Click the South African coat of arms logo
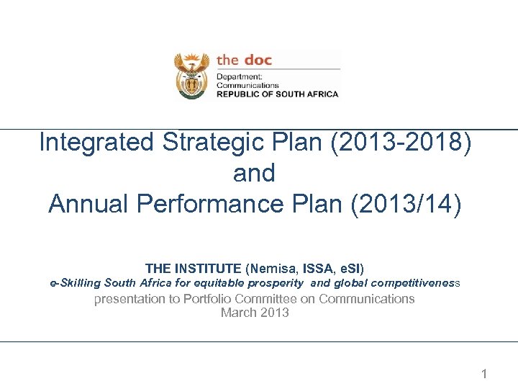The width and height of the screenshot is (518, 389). tap(191, 76)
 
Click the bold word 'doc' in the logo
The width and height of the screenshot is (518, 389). tap(258, 60)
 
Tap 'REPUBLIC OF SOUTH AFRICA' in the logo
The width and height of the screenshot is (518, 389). tap(278, 94)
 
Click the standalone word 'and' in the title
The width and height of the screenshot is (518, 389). tap(254, 173)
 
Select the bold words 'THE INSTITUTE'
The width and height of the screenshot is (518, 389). tap(194, 269)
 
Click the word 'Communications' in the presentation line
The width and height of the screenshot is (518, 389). tap(367, 299)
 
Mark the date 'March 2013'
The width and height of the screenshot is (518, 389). tap(255, 313)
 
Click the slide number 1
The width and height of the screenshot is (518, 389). tap(484, 374)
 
